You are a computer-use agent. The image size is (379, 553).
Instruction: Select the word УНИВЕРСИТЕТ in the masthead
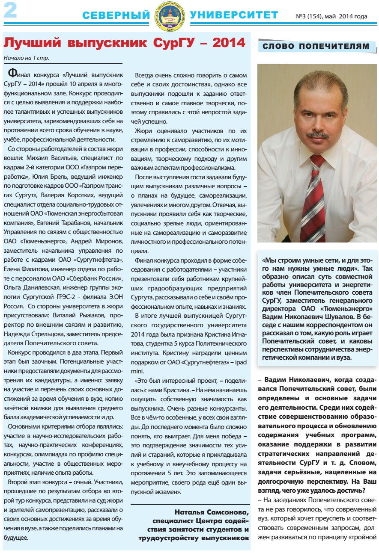pyautogui.click(x=234, y=15)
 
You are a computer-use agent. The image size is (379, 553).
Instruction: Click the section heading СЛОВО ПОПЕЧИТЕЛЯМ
pyautogui.click(x=316, y=46)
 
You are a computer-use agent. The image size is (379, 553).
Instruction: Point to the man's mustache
pyautogui.click(x=317, y=135)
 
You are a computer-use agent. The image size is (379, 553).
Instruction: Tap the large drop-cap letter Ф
pyautogui.click(x=13, y=71)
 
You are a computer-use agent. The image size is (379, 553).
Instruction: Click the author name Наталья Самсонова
pyautogui.click(x=212, y=512)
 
